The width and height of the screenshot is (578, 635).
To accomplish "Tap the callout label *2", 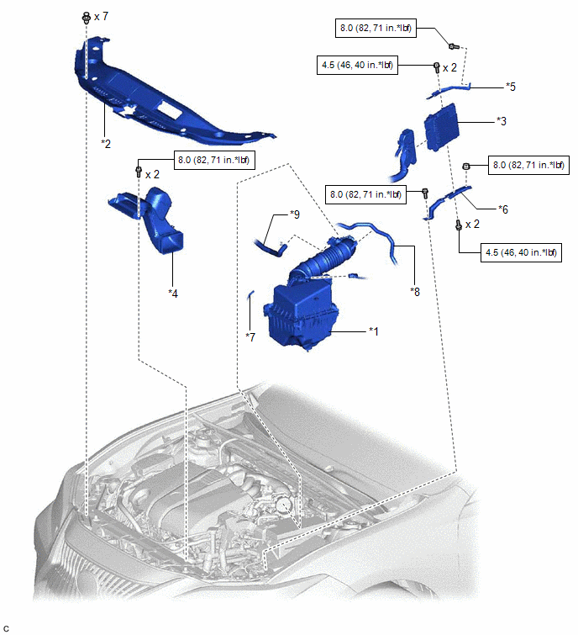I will point(106,143).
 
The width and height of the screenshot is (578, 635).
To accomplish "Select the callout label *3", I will point(502,121).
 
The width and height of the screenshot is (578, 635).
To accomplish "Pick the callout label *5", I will point(510,86).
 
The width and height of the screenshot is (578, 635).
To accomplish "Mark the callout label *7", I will point(250,336).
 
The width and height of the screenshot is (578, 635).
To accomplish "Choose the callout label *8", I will point(414,291).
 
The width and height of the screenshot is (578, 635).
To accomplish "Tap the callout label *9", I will point(294,214).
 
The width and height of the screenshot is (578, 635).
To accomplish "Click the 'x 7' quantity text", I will point(102,17).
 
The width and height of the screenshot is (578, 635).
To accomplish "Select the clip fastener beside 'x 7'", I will point(86,17).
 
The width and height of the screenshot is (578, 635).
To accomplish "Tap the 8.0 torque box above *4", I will point(213,159).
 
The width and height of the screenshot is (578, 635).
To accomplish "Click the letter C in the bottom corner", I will point(7,628).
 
